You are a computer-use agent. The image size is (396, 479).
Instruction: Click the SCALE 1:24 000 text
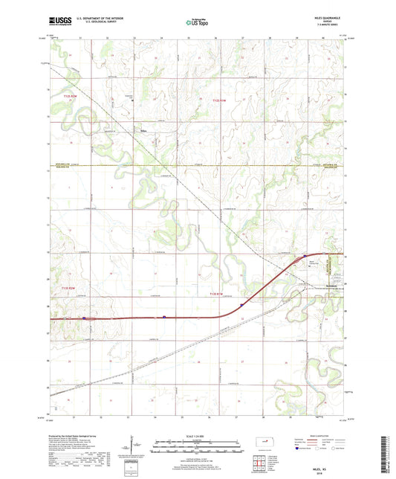(198, 436)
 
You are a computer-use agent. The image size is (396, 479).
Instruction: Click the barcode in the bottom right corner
(384, 457)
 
